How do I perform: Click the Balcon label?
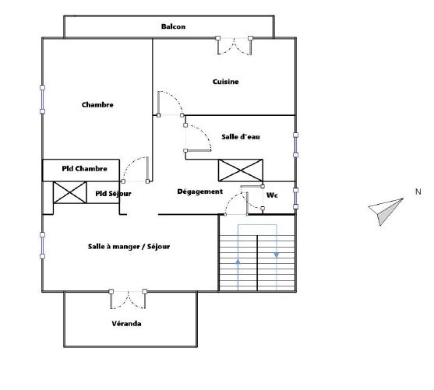tap(173, 26)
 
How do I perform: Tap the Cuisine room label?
tap(225, 82)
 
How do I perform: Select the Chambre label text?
tap(97, 105)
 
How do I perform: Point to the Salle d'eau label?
tap(240, 137)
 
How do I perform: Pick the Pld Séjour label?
tap(113, 193)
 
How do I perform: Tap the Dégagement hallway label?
tap(200, 191)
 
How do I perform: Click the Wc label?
tap(272, 195)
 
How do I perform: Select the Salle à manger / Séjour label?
tap(129, 247)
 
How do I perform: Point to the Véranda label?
tap(125, 323)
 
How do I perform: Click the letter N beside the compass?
tap(418, 191)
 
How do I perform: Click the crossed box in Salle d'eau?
tap(241, 170)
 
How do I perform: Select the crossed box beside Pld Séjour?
tap(69, 192)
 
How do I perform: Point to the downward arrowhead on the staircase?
tap(277, 254)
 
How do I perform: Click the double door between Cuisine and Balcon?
tap(235, 45)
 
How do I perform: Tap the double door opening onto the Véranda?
tap(128, 299)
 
